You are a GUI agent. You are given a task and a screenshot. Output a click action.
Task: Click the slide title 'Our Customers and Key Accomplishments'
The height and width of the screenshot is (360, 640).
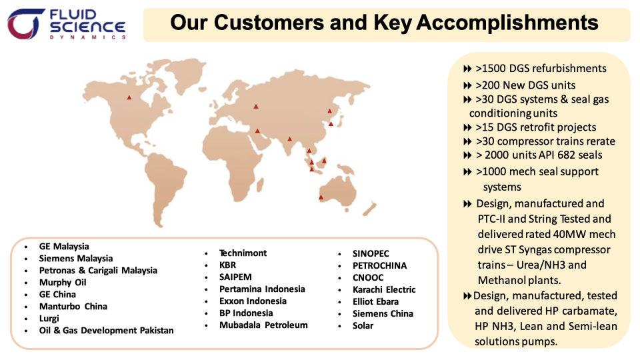coord(384,23)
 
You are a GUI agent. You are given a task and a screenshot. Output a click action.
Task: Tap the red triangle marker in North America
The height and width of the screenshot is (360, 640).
coord(129,98)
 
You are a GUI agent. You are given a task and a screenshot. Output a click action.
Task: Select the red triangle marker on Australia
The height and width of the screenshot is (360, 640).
coord(321,197)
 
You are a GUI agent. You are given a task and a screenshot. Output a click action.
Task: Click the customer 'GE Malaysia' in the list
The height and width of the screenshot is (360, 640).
coord(64,246)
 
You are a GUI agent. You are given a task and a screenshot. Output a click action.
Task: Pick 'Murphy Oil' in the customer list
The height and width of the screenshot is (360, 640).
coord(63,282)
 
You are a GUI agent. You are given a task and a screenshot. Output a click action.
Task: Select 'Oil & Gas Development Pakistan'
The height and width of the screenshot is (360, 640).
coord(106,330)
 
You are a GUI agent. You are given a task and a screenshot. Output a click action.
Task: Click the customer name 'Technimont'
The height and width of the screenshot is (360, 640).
coord(243,253)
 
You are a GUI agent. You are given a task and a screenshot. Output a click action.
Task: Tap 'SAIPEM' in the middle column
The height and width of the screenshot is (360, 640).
coord(235,277)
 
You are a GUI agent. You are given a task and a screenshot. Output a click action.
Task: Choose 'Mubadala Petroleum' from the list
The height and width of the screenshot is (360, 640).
coord(263,325)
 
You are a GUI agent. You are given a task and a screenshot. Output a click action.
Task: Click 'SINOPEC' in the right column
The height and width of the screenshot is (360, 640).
coord(371,253)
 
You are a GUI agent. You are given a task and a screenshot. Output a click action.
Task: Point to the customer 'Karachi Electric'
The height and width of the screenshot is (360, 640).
coord(384,289)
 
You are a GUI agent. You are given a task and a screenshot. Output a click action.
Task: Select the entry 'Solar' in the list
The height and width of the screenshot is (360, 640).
coord(363,325)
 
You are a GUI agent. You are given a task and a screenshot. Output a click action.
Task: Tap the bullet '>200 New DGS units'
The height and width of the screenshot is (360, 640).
coord(525,85)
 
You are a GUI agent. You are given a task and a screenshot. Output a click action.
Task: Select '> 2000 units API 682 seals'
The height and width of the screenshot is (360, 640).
coord(539,155)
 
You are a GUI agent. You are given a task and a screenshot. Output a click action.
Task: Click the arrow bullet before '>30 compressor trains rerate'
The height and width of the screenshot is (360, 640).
coord(467,141)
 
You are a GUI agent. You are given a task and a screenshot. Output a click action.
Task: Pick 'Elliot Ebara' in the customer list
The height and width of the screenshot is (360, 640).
coord(375,301)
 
